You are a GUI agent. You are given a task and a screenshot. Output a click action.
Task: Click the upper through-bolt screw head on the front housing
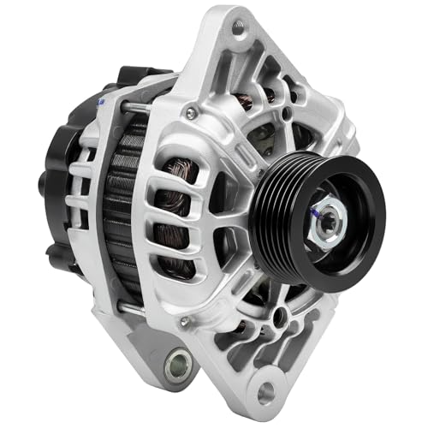tap(191, 112)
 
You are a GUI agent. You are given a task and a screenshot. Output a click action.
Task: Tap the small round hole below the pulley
tap(278, 316)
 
